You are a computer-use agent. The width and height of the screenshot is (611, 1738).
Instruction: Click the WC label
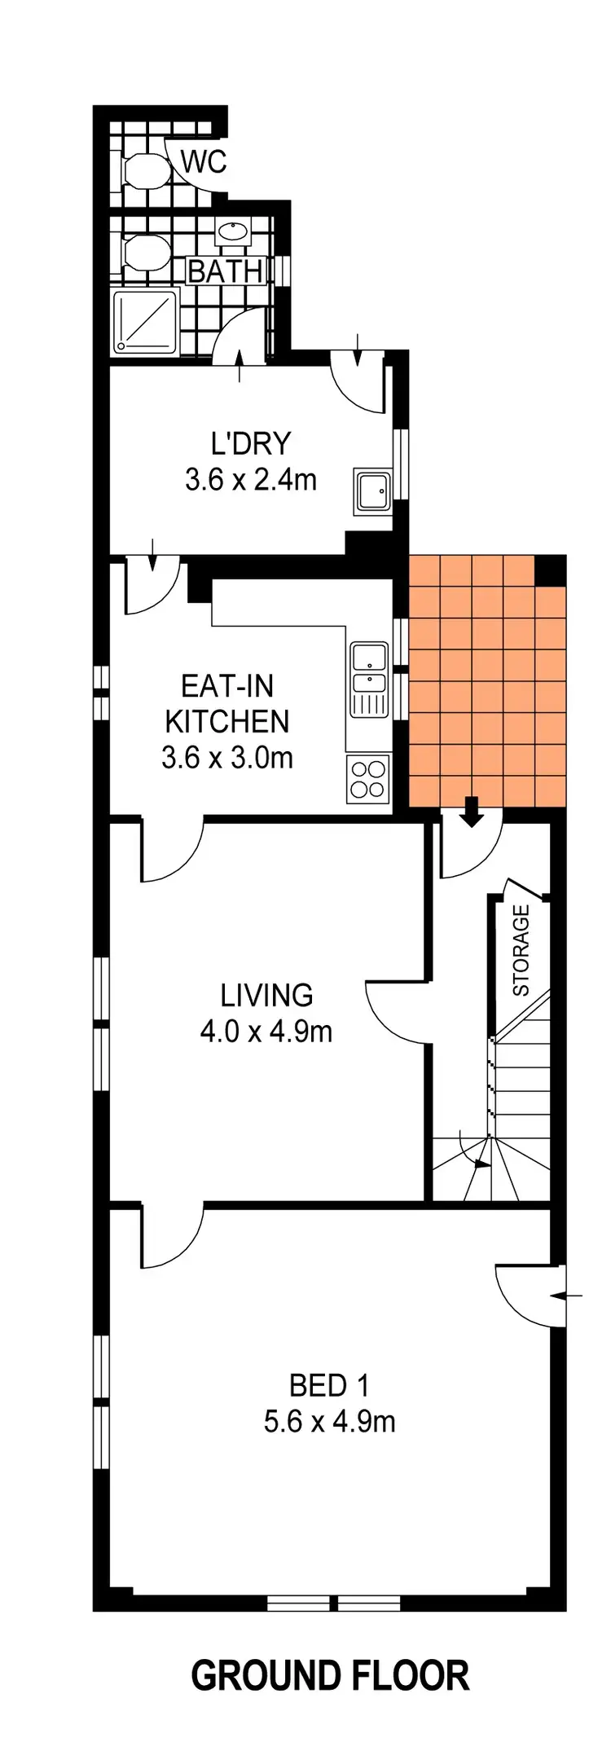click(204, 162)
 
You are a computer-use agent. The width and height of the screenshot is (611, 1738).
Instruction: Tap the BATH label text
click(226, 271)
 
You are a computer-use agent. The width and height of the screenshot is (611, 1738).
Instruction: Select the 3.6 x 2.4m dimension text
click(250, 480)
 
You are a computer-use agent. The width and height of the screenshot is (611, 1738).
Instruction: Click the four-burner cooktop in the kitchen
click(367, 777)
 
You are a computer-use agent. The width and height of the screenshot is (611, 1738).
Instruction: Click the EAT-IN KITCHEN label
click(227, 703)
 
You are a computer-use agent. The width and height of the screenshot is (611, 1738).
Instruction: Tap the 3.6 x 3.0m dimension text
click(227, 758)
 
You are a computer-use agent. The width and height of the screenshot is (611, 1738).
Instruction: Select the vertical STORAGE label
click(521, 950)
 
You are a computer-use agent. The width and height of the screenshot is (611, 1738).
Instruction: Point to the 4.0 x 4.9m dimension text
click(266, 1032)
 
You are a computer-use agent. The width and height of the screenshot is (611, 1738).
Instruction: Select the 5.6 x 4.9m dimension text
click(330, 1422)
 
